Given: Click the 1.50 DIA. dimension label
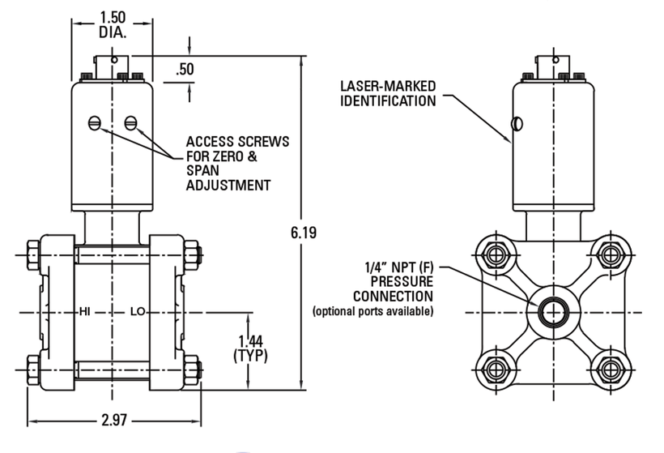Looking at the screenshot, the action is click(x=113, y=24).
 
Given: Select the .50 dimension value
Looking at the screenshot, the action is click(x=185, y=69).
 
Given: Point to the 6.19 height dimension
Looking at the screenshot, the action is click(x=304, y=233).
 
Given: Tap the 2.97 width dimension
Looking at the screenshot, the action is click(x=114, y=420).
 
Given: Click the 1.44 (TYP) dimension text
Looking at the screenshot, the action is click(x=250, y=348).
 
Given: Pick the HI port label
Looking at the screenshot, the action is click(x=85, y=312).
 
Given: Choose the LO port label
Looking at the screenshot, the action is click(x=138, y=312).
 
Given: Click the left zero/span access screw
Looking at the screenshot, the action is click(x=95, y=123).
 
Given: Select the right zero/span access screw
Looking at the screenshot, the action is click(x=130, y=123).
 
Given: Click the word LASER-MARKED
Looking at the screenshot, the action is click(x=388, y=86).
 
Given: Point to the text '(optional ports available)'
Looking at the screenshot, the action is click(x=373, y=311).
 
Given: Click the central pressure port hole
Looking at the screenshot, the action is click(x=553, y=312).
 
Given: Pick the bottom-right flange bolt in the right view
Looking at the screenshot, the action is click(x=611, y=370).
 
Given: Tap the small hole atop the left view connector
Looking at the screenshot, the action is click(x=114, y=60).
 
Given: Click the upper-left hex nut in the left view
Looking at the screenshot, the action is click(x=33, y=255).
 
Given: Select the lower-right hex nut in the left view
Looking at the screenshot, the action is click(x=192, y=370).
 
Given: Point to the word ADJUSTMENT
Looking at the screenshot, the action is click(x=228, y=186).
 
